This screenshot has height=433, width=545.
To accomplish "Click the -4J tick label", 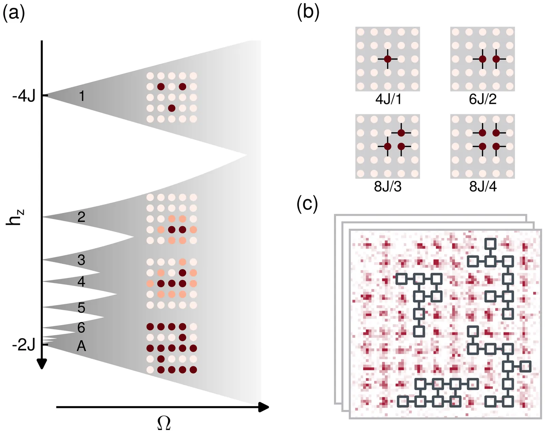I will [24, 97].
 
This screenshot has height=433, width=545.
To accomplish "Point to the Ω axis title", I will [164, 423].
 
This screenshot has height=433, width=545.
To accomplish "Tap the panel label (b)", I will [308, 13].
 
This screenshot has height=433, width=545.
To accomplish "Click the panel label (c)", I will [307, 204].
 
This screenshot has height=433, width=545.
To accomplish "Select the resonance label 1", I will [81, 96].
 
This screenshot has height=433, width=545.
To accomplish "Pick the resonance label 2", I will [81, 217].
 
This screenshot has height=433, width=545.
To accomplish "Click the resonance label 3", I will [81, 260].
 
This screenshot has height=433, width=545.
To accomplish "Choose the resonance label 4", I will [81, 282].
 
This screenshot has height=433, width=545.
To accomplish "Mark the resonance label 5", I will [81, 307].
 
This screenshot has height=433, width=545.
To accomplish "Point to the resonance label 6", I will [81, 328].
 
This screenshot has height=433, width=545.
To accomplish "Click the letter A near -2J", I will [81, 346].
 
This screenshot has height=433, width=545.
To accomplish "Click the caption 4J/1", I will [388, 99].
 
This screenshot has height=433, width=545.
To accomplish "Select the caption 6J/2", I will [483, 99].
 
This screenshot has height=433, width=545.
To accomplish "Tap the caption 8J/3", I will [388, 186].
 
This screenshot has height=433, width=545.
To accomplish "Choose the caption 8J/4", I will [483, 186].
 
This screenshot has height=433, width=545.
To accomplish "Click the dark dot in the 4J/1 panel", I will [388, 59].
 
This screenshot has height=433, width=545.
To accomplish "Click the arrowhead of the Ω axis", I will [264, 407].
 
